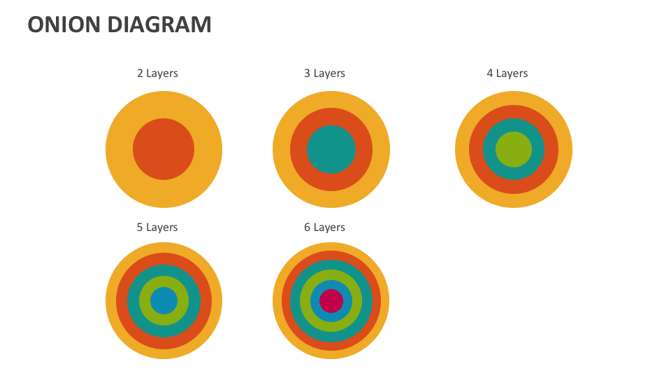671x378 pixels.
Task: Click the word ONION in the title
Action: click(64, 24)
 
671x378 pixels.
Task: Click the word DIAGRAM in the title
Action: click(159, 24)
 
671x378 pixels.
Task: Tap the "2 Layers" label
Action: click(157, 73)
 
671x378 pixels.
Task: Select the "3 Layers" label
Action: click(324, 73)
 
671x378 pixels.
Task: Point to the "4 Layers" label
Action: click(507, 73)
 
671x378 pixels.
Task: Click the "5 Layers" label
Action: click(157, 227)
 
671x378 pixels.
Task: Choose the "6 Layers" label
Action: click(324, 227)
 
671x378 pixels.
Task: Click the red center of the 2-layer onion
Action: click(164, 149)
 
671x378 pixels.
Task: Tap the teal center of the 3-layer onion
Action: click(331, 150)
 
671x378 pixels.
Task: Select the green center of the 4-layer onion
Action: click(514, 150)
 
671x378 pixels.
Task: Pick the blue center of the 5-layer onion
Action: click(164, 301)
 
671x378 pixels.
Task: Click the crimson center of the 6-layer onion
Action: click(331, 301)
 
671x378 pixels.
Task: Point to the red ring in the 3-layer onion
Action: click(298, 150)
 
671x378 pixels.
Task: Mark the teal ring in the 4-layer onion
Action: click(489, 150)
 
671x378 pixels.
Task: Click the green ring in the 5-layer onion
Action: click(145, 301)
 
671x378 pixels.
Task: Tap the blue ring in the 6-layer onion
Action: click(315, 301)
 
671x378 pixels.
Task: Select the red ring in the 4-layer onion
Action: click(476, 150)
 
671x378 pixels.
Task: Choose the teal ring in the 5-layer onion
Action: click(133, 301)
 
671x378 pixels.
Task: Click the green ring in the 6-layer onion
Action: click(305, 301)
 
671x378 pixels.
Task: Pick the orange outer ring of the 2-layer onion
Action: click(120, 150)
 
